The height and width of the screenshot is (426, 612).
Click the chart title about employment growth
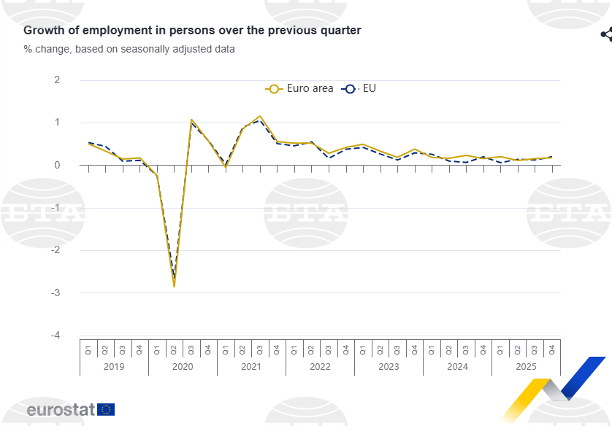coord(192,31)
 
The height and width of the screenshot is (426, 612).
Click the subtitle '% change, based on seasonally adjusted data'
coord(129,50)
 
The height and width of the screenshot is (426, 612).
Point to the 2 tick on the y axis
coord(57,80)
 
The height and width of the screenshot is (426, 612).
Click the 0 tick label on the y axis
coord(57,165)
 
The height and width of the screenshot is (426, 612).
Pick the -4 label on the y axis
coord(55,335)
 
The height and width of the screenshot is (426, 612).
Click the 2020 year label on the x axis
coord(183,366)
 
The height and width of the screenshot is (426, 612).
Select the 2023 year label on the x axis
coord(389,366)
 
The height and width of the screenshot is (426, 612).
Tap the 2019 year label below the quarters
coord(114,366)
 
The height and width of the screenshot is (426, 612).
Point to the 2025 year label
coord(526,366)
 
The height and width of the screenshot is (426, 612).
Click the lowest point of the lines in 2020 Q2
coord(174,286)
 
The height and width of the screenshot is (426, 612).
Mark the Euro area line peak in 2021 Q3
coord(260,116)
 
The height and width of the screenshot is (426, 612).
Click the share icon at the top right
coord(606,34)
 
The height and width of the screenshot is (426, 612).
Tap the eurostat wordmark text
coord(61,410)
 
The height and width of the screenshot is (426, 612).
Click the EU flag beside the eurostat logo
coord(106,409)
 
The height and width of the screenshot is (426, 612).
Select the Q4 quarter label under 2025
coord(552,348)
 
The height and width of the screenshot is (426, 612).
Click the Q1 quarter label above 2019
coord(88,348)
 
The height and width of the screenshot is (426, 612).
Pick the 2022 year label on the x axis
coord(320,366)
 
